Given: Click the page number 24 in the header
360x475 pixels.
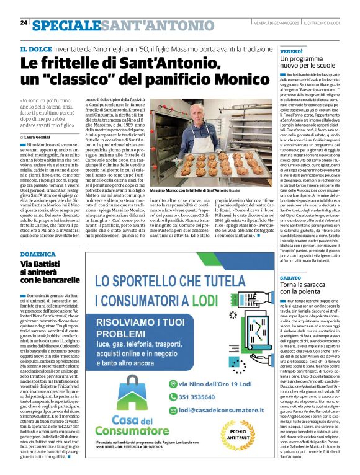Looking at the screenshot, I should pyautogui.click(x=24, y=22).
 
